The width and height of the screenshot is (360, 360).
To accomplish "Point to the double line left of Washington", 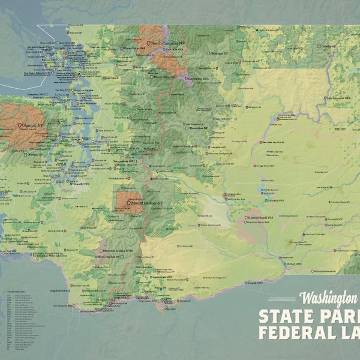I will point(282,299).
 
